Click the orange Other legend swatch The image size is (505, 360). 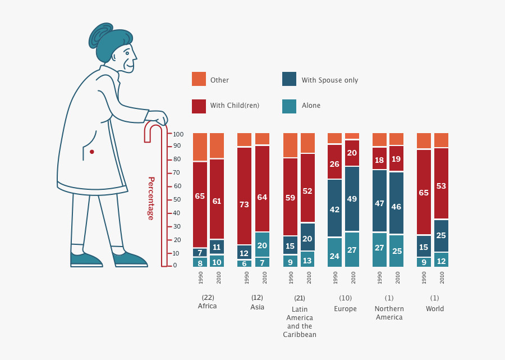click(x=199, y=79)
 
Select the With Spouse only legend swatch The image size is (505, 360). click(x=289, y=79)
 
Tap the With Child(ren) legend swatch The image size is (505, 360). click(x=199, y=105)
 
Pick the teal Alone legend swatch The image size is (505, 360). click(x=289, y=105)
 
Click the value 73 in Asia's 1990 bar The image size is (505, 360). click(x=244, y=204)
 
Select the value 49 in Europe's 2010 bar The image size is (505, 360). click(x=352, y=199)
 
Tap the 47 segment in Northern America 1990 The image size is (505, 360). click(x=379, y=203)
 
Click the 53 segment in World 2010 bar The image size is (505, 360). click(x=441, y=185)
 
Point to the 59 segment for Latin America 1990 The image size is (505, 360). click(x=290, y=198)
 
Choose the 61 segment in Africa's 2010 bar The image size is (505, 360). click(x=217, y=201)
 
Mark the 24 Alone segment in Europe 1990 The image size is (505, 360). click(x=334, y=256)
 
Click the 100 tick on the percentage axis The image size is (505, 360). click(x=178, y=134)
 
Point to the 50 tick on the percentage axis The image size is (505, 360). click(x=176, y=200)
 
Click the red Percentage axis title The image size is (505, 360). click(x=151, y=198)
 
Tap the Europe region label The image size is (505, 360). click(x=345, y=309)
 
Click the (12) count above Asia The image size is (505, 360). click(x=257, y=298)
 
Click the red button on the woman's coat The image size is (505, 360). click(x=92, y=152)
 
